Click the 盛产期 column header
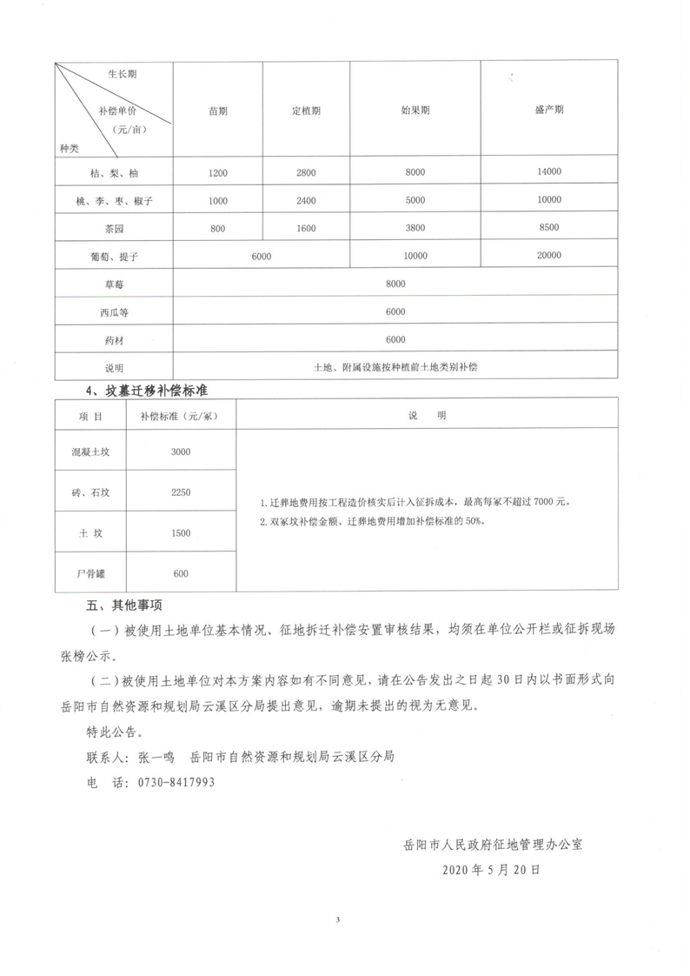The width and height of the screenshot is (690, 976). coord(548,110)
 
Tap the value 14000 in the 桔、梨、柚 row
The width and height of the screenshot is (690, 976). coord(549,172)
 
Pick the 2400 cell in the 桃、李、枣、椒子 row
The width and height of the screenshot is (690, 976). coord(305,201)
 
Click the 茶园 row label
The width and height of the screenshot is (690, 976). coord(114,228)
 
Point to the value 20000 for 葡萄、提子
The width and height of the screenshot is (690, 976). coord(549,256)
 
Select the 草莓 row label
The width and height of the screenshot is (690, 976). coord(114,284)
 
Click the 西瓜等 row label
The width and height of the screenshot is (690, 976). coord(114,311)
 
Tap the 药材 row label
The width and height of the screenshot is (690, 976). coord(114,339)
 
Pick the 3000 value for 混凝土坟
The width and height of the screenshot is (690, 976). coord(181,451)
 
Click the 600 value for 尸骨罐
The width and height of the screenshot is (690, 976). coord(181,573)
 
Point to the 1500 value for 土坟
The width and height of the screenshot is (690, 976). coord(181,532)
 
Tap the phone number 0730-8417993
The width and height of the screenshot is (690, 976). coord(176,782)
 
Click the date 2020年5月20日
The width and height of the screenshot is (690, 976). coord(491,869)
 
